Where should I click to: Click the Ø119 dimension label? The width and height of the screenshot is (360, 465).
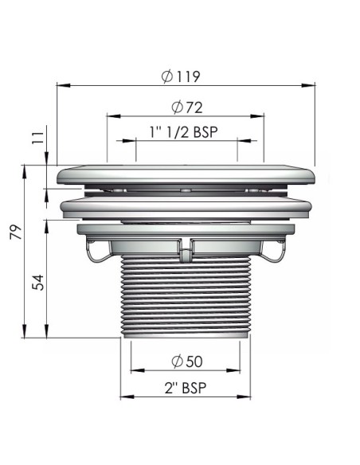click(x=179, y=77)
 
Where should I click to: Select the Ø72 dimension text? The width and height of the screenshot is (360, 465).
click(x=185, y=107)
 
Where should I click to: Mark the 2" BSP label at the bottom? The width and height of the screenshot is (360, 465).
click(x=183, y=388)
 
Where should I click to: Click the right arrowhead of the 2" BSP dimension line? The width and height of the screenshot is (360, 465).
click(x=252, y=397)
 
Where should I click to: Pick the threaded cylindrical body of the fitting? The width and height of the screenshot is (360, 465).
click(x=186, y=299)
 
